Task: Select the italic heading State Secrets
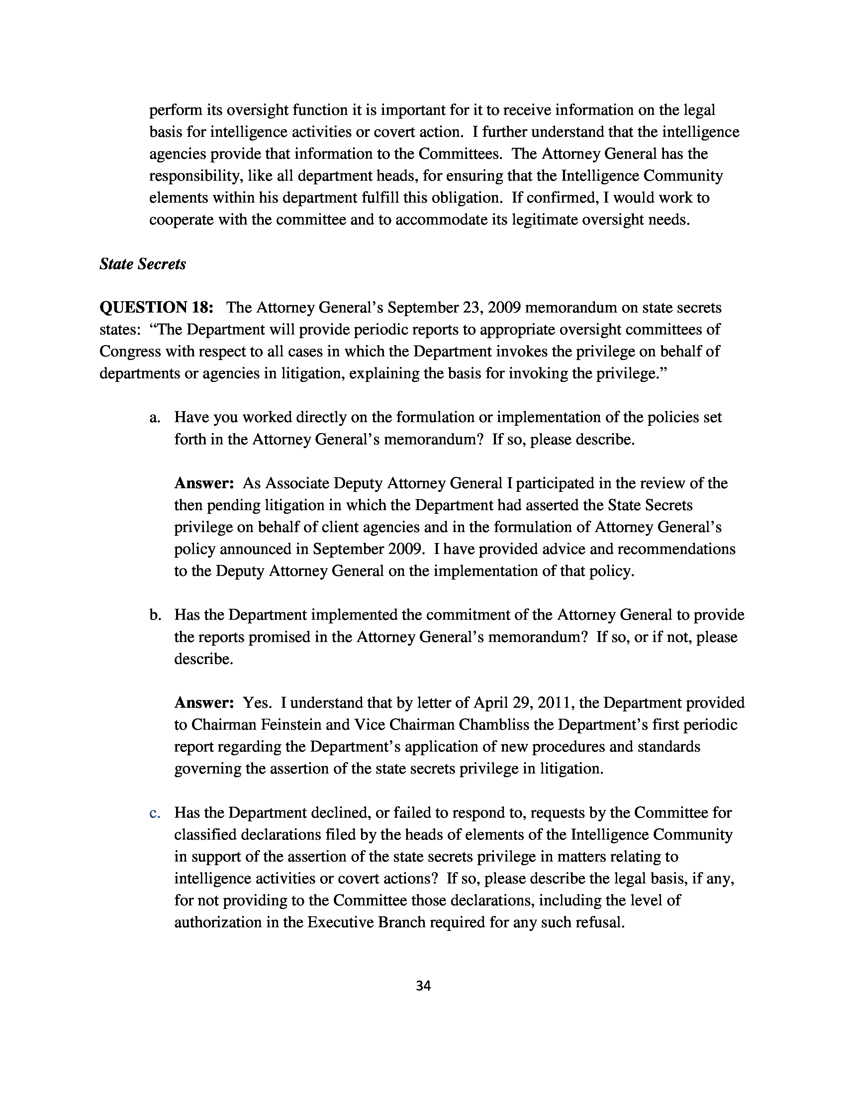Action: click(142, 264)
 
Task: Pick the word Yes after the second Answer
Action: click(256, 702)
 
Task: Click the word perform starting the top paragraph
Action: click(176, 110)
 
